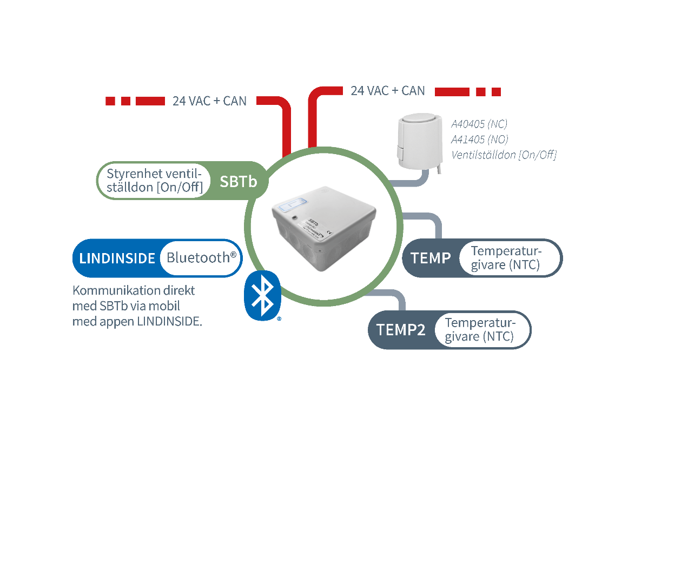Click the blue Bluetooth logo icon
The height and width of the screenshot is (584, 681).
tap(263, 295)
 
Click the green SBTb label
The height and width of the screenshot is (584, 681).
tap(238, 182)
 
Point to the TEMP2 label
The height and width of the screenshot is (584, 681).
tap(401, 330)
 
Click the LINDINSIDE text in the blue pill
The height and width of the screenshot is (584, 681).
tap(117, 258)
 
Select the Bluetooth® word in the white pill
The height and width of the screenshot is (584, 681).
tap(201, 257)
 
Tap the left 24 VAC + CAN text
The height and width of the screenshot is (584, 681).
tap(209, 101)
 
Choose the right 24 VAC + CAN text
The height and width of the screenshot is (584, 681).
tap(388, 91)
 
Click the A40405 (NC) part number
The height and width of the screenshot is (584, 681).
tap(479, 124)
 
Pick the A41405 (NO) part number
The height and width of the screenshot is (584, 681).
tap(480, 140)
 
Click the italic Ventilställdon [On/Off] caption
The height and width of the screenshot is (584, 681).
tap(504, 155)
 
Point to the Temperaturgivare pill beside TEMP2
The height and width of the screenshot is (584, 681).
tap(480, 330)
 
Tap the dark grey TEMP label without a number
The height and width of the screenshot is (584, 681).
tap(431, 258)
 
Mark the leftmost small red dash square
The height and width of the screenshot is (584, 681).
tap(110, 101)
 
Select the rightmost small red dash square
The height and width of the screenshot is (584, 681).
tap(496, 92)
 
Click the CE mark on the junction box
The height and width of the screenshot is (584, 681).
tap(330, 233)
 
